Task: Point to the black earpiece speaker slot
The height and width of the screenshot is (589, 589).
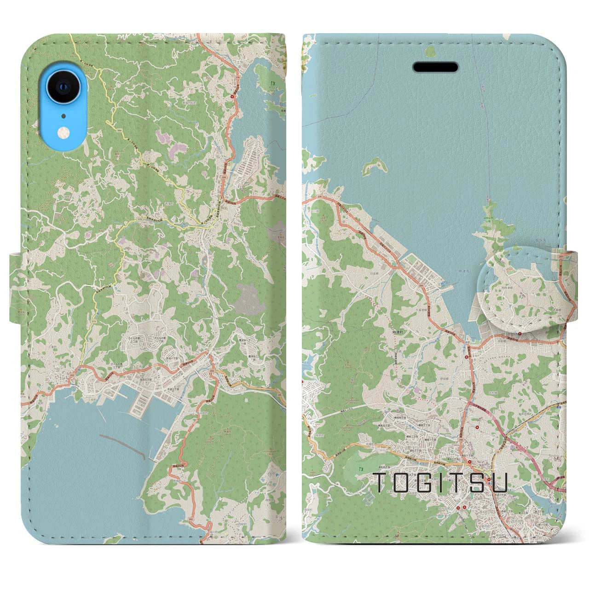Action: [x=435, y=67]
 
